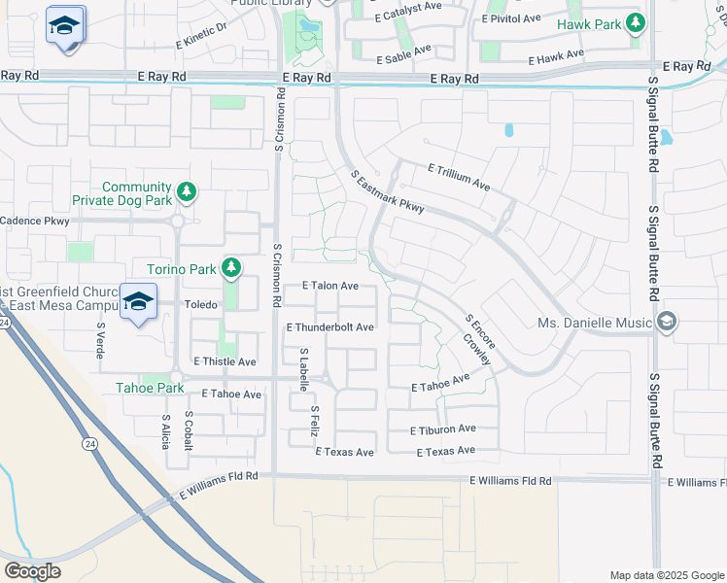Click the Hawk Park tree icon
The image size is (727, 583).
point(636,21)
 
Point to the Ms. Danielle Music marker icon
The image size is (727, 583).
point(667,322)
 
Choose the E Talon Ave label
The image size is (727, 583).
point(330,286)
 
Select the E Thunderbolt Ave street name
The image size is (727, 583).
point(329,327)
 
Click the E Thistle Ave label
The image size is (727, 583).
point(225,361)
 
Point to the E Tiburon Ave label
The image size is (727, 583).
point(443,429)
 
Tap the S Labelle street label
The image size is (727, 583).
point(304,370)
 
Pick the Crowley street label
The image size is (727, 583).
point(476,352)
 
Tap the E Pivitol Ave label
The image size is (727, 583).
point(512,18)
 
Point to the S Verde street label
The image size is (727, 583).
point(99,341)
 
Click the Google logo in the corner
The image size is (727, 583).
point(32,570)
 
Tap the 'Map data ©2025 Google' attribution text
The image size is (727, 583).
point(666,574)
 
